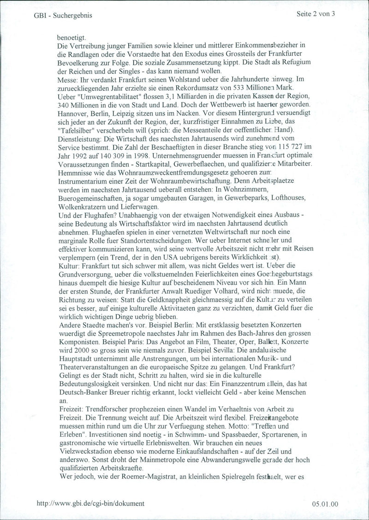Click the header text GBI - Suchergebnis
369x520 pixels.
point(63,15)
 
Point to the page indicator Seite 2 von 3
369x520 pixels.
point(315,14)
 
